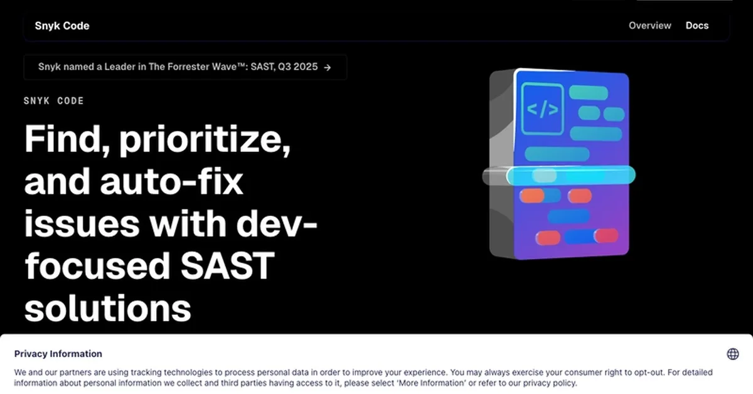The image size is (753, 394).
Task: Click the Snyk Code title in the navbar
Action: (x=62, y=26)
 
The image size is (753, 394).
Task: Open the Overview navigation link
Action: (x=649, y=26)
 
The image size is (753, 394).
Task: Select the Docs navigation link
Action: (x=697, y=26)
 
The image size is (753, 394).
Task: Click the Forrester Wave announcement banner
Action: (x=184, y=67)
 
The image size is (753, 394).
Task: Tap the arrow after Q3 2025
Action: (x=327, y=67)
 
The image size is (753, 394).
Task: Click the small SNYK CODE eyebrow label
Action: (x=53, y=101)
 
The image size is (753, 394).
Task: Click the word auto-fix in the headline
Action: (x=169, y=182)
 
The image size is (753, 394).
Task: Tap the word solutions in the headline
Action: (x=107, y=307)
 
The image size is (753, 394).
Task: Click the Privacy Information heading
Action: (x=58, y=354)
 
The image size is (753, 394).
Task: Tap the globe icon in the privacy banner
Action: (x=732, y=354)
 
